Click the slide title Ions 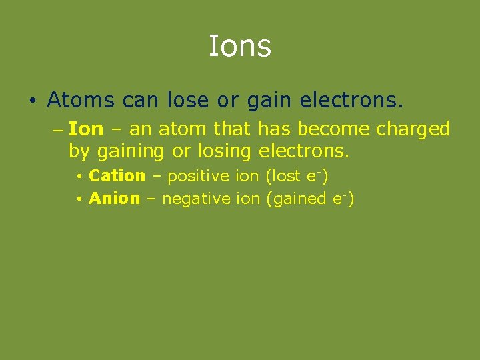[x=239, y=47]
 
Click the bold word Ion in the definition [x=86, y=129]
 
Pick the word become [x=331, y=129]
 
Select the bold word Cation [x=117, y=176]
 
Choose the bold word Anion [x=114, y=199]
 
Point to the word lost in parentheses [x=286, y=176]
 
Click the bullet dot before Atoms [x=32, y=101]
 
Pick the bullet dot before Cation [x=79, y=177]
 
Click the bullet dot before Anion [x=79, y=200]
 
